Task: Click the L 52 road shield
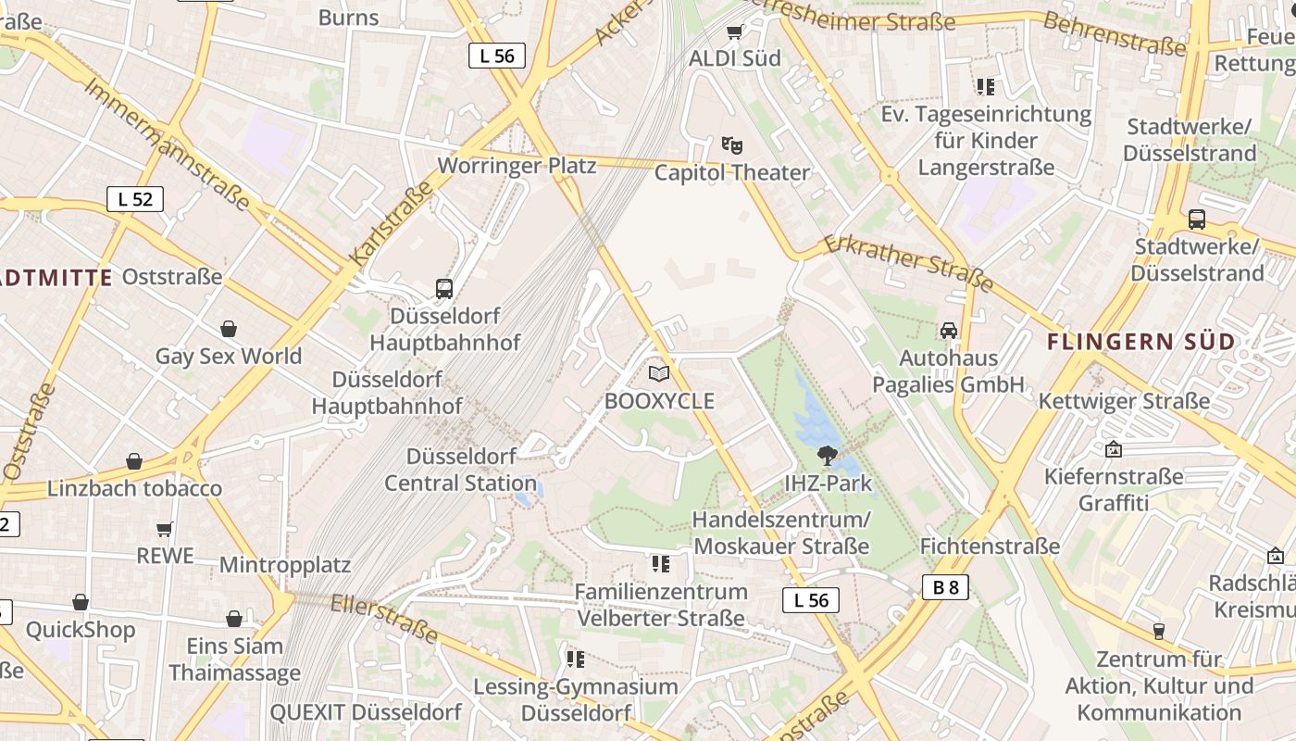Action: point(135,199)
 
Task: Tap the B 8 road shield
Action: point(945,586)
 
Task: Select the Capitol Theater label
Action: point(732,173)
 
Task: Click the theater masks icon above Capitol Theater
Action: point(732,145)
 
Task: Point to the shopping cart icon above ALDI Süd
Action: point(735,32)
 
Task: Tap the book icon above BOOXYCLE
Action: point(659,373)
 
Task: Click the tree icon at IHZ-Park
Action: point(828,455)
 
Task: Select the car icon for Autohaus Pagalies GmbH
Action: point(949,331)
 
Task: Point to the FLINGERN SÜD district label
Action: point(1141,342)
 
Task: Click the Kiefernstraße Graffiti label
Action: point(1114,490)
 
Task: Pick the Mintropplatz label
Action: point(284,564)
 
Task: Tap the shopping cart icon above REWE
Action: point(165,529)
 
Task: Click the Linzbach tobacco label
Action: point(134,488)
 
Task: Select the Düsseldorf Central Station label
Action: point(461,470)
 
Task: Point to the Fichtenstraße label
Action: point(990,546)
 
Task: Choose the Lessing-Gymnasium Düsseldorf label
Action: point(576,700)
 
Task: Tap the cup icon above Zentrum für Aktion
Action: point(1158,632)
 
